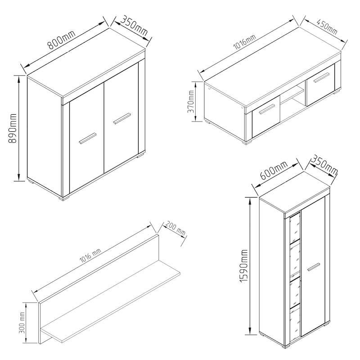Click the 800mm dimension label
pyautogui.click(x=61, y=40)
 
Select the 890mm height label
pyautogui.click(x=13, y=128)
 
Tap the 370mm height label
pyautogui.click(x=191, y=101)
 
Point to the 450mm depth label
pyautogui.click(x=327, y=27)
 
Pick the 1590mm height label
pyautogui.click(x=243, y=266)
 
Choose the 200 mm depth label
pyautogui.click(x=175, y=229)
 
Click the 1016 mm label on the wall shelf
pyautogui.click(x=90, y=255)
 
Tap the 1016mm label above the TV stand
pyautogui.click(x=244, y=42)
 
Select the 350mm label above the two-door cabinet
pyautogui.click(x=134, y=26)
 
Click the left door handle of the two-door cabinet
pyautogui.click(x=87, y=138)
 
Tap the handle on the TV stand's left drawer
pyautogui.click(x=267, y=109)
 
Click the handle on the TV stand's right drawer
pyautogui.click(x=321, y=77)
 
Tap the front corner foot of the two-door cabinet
pyautogui.click(x=63, y=198)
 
